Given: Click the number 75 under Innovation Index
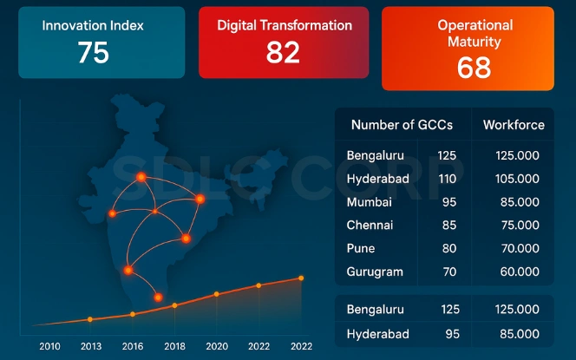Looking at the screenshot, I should tap(93, 53).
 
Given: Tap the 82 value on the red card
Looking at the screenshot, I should tap(283, 53).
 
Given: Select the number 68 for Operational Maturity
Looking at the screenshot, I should tap(475, 67).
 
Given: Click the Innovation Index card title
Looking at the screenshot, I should tap(93, 25).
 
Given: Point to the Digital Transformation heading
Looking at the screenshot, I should tap(284, 25).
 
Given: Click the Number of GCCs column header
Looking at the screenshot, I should tap(402, 125).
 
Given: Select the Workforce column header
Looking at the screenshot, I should tap(514, 125).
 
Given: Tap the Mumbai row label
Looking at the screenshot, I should tap(369, 202).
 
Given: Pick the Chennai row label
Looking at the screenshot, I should tap(370, 226).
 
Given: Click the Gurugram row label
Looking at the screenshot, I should tap(375, 272).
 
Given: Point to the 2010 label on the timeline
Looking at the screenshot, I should tap(49, 346).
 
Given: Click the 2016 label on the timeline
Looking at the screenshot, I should tap(132, 346).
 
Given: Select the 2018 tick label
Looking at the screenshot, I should tap(174, 346).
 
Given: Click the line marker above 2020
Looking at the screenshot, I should tap(216, 293).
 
